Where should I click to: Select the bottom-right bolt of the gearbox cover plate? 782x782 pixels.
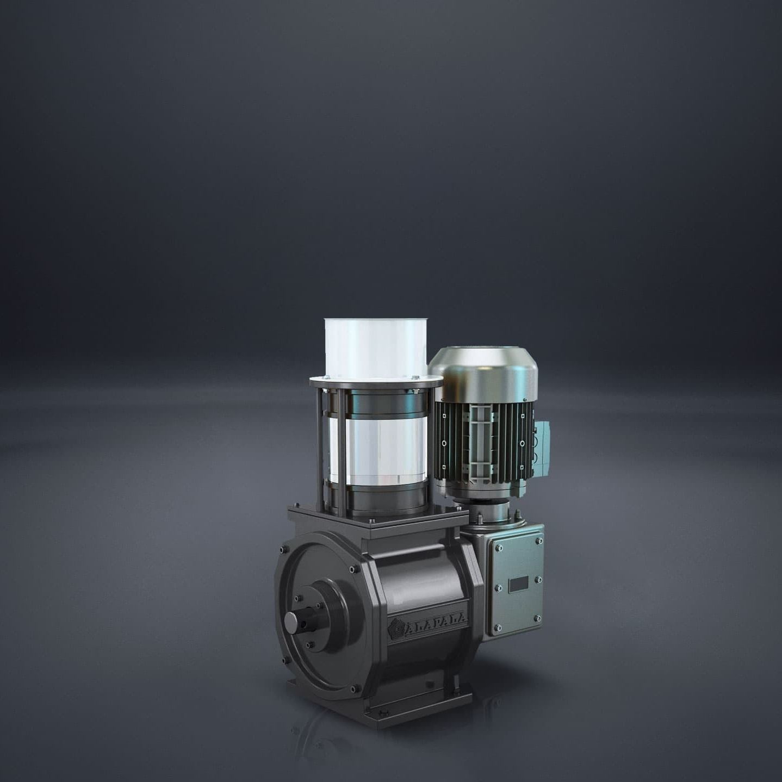click(x=537, y=618)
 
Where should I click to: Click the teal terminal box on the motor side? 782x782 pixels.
click(x=542, y=443)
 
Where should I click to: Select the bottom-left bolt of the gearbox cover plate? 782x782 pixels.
click(x=496, y=629)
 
